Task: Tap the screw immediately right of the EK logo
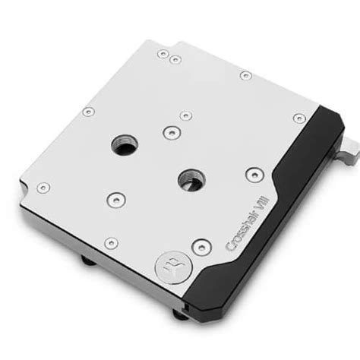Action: (201, 245)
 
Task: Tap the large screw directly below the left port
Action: (113, 199)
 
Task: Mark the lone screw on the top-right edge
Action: (245, 75)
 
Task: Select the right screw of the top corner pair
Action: (175, 59)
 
